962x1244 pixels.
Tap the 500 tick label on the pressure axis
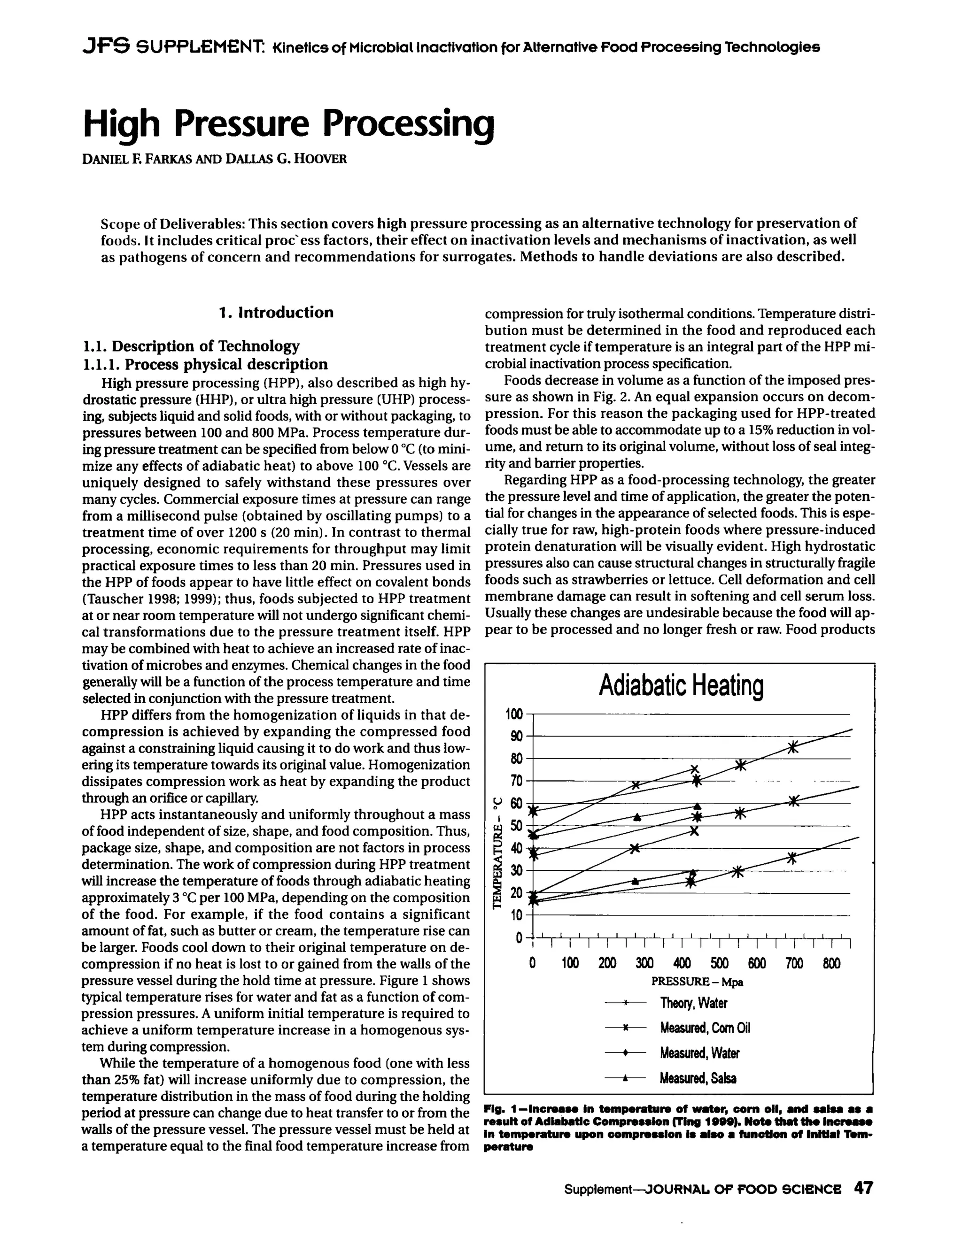[719, 963]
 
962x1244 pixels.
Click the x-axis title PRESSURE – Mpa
[697, 982]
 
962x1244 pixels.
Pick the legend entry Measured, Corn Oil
[705, 1028]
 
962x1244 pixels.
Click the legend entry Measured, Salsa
[698, 1078]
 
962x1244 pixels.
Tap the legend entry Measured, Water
[699, 1053]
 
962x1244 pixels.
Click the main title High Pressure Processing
[288, 123]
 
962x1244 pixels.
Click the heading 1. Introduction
[276, 313]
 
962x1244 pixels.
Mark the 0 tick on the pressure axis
[532, 963]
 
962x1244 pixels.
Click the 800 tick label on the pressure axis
[831, 963]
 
